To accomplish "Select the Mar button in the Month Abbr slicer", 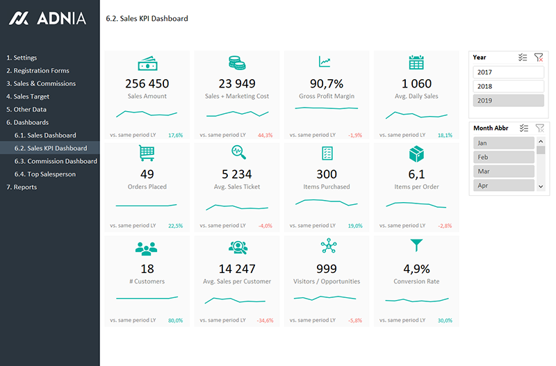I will coord(504,171).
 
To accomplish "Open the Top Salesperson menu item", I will coord(51,174).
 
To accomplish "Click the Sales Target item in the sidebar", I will coord(31,97).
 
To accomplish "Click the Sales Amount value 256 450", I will coord(147,83).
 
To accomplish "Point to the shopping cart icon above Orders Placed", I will coord(147,151).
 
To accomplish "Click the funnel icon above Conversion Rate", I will coord(416,245).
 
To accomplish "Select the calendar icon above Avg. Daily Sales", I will coord(416,62).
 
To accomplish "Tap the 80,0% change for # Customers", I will coord(174,320).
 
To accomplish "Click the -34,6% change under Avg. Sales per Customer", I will coord(265,320).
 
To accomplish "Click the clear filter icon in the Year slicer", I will coord(539,58).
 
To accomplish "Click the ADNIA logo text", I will coord(63,19).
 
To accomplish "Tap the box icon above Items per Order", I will coord(416,152).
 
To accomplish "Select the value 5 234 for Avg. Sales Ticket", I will coord(237,174).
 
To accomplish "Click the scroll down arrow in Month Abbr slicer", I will coord(541,186).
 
